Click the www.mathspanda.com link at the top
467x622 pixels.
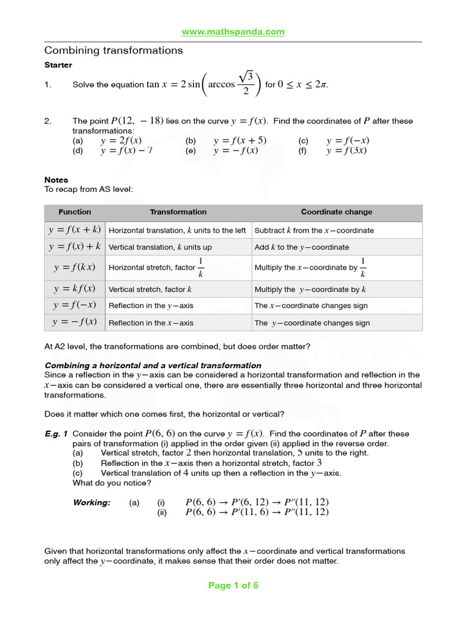tap(233, 32)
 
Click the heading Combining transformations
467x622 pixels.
tap(114, 50)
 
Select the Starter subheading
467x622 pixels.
tap(58, 65)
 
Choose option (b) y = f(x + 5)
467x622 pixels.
tap(240, 140)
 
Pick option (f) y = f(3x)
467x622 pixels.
tap(346, 151)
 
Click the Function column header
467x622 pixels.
tap(75, 212)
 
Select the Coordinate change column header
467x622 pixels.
tap(336, 212)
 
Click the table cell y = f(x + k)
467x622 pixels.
tap(75, 230)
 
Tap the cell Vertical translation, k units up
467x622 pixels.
tap(160, 247)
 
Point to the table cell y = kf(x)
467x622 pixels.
tap(75, 289)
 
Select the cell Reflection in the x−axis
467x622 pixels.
tap(151, 323)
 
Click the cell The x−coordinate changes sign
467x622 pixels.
tap(311, 306)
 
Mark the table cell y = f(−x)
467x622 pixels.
tap(75, 306)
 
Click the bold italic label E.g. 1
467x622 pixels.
tap(56, 434)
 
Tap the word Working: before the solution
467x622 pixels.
tap(91, 502)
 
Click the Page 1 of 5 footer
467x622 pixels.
tap(233, 586)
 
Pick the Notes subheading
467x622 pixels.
tap(57, 180)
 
